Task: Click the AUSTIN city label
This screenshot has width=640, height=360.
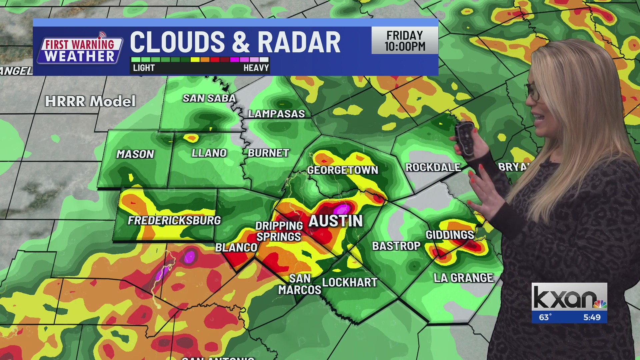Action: pos(335,221)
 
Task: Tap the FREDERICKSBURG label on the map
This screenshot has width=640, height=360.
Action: pos(174,220)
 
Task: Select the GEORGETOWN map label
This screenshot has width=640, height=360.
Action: pos(342,170)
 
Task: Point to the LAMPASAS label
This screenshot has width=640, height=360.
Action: pos(276,114)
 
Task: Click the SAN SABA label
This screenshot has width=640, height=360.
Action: pos(209,98)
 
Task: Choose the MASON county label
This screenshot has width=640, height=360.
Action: pos(135,154)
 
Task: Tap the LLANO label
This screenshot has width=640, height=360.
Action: pos(209,153)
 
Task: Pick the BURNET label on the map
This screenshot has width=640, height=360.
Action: pos(268,153)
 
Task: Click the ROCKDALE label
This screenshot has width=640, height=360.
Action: pos(433,167)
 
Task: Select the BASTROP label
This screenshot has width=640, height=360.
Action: pos(396,246)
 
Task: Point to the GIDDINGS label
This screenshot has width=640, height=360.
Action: pos(450,235)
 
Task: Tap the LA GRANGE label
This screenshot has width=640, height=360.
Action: pos(463,278)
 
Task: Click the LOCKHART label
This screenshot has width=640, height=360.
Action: pos(350,282)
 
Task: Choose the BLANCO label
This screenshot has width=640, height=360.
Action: pos(236,248)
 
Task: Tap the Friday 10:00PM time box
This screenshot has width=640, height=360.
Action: pos(405,41)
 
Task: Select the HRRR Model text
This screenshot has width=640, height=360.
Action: pos(90,101)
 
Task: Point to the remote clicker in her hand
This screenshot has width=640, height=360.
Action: pos(465,138)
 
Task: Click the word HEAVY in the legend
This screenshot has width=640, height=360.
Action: pos(256,68)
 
